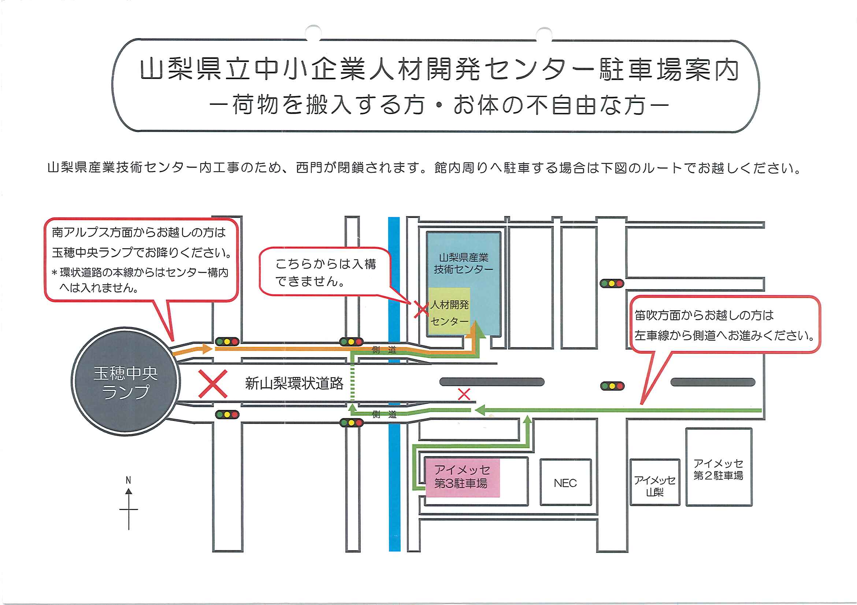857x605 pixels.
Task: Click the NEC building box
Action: pyautogui.click(x=565, y=483)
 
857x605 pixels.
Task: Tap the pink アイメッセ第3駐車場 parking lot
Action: pyautogui.click(x=462, y=477)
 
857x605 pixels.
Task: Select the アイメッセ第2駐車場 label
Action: pyautogui.click(x=718, y=469)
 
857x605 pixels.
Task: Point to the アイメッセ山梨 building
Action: pyautogui.click(x=655, y=485)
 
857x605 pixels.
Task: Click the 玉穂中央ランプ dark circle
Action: pyautogui.click(x=125, y=382)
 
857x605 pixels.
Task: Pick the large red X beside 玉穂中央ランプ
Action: pyautogui.click(x=213, y=384)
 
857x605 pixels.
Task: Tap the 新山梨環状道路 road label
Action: pyautogui.click(x=294, y=384)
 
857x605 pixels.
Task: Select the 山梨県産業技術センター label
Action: pyautogui.click(x=464, y=263)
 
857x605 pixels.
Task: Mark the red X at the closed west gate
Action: pyautogui.click(x=422, y=310)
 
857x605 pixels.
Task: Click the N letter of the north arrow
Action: pyautogui.click(x=129, y=480)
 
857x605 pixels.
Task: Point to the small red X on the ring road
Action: pyautogui.click(x=464, y=394)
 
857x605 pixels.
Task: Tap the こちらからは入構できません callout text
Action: pyautogui.click(x=325, y=272)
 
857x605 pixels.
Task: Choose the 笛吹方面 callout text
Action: pyautogui.click(x=724, y=325)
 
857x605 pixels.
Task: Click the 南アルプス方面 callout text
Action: pyautogui.click(x=141, y=259)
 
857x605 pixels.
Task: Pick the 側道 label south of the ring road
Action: pyautogui.click(x=384, y=414)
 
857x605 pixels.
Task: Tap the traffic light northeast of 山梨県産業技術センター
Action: pyautogui.click(x=612, y=283)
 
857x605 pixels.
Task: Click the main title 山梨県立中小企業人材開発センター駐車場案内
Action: pyautogui.click(x=439, y=70)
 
